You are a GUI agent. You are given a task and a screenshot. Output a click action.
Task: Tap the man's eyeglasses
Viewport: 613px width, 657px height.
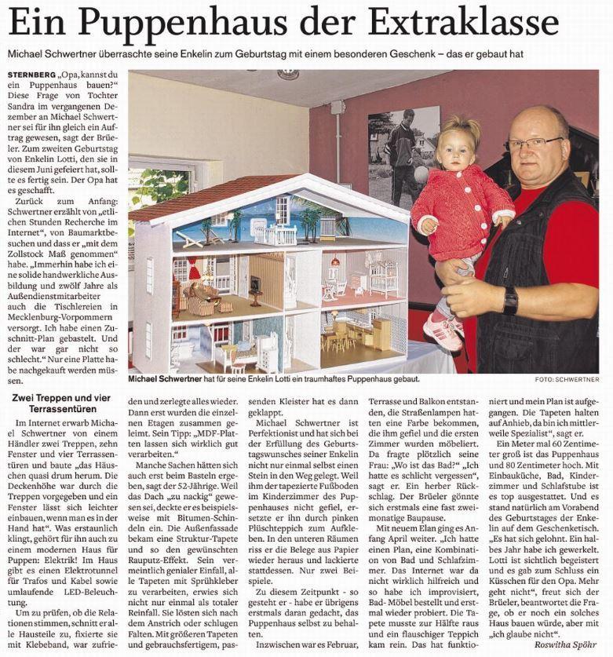click(x=534, y=144)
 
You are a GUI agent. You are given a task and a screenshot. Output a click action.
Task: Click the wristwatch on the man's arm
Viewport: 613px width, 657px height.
click(x=510, y=301)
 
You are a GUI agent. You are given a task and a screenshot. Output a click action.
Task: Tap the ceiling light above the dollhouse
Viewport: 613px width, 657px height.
click(x=288, y=75)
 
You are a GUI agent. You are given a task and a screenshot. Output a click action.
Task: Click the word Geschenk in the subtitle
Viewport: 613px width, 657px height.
click(x=425, y=54)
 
